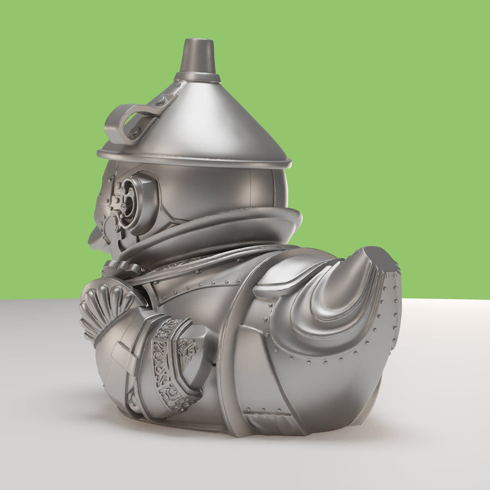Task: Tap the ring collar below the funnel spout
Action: click(x=197, y=77)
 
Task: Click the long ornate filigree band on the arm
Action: click(x=167, y=365)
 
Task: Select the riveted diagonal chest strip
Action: click(x=201, y=278)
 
